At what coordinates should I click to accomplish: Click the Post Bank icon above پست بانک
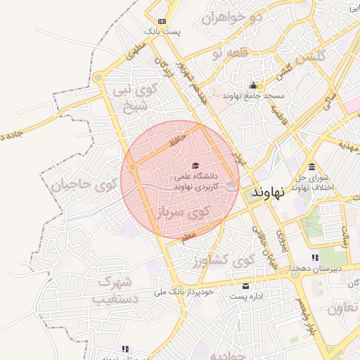click(x=163, y=22)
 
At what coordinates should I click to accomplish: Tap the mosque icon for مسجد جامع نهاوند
click(x=252, y=86)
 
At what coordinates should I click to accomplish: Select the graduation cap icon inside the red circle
click(x=195, y=165)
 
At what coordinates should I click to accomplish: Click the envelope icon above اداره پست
click(x=245, y=286)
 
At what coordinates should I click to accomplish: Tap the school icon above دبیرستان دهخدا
click(x=314, y=258)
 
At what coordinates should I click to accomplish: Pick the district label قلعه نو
click(x=229, y=53)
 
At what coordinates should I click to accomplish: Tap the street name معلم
click(x=186, y=239)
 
